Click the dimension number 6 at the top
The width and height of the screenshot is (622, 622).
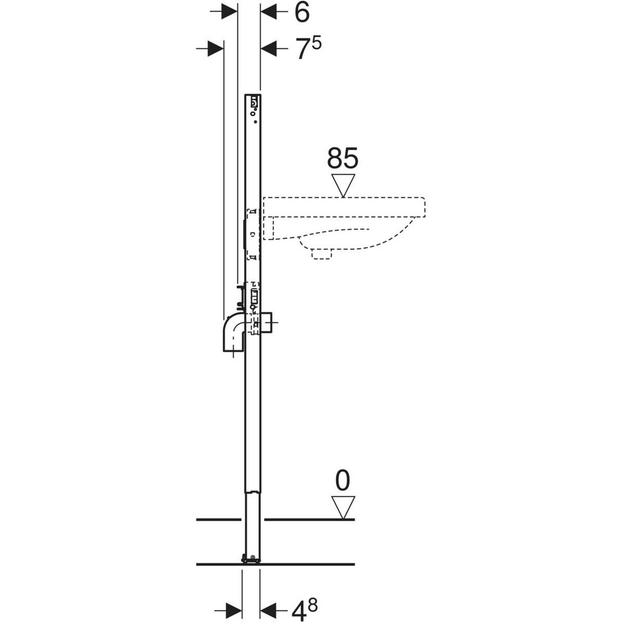point(301,13)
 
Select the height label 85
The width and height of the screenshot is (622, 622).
point(343,158)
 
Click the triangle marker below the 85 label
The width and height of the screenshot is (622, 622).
point(343,185)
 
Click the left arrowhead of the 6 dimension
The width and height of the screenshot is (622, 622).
point(229,12)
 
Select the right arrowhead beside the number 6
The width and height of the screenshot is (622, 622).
point(268,12)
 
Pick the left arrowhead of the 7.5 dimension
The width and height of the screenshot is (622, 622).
point(216,48)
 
